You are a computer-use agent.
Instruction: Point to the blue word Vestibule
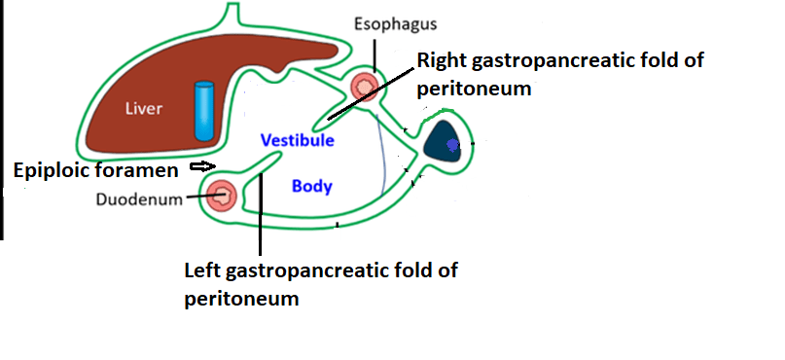(x=298, y=141)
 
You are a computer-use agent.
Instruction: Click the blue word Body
(x=312, y=186)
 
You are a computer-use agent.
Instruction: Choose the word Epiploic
(x=54, y=170)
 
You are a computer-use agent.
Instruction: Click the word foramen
(x=145, y=170)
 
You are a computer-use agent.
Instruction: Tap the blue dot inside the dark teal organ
(x=452, y=147)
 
